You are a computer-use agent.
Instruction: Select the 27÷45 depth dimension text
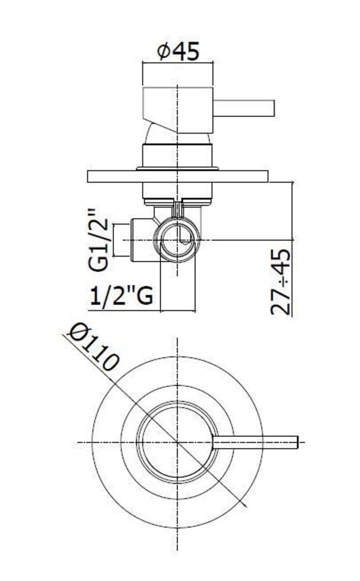[x=281, y=282]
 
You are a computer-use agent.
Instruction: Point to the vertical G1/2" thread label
[x=99, y=240]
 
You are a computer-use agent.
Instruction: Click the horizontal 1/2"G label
[x=121, y=295]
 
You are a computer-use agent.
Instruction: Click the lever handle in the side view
[x=244, y=108]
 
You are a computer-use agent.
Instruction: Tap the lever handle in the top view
[x=255, y=443]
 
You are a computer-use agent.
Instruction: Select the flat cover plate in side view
[x=177, y=176]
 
